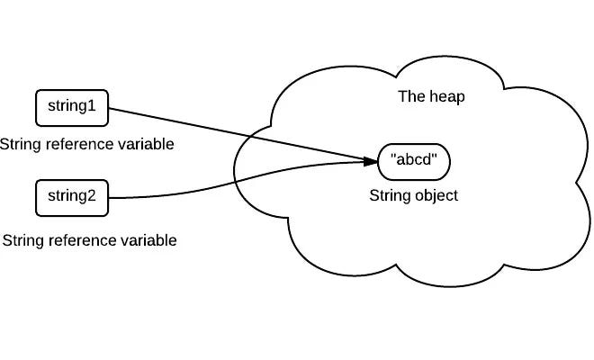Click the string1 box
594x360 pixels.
71,108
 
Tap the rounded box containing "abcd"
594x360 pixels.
414,162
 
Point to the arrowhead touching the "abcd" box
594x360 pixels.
370,161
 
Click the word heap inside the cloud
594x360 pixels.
447,97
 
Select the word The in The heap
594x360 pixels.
412,97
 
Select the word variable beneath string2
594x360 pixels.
148,241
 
